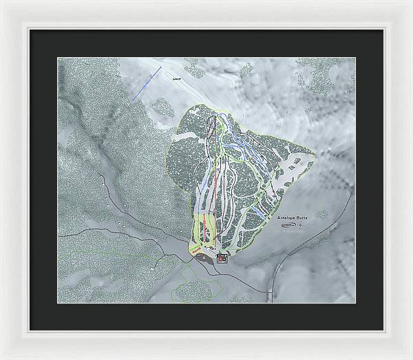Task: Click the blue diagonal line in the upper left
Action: coord(147,81)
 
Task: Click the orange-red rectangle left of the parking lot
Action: coord(193,256)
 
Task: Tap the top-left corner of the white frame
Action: coord(3,3)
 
